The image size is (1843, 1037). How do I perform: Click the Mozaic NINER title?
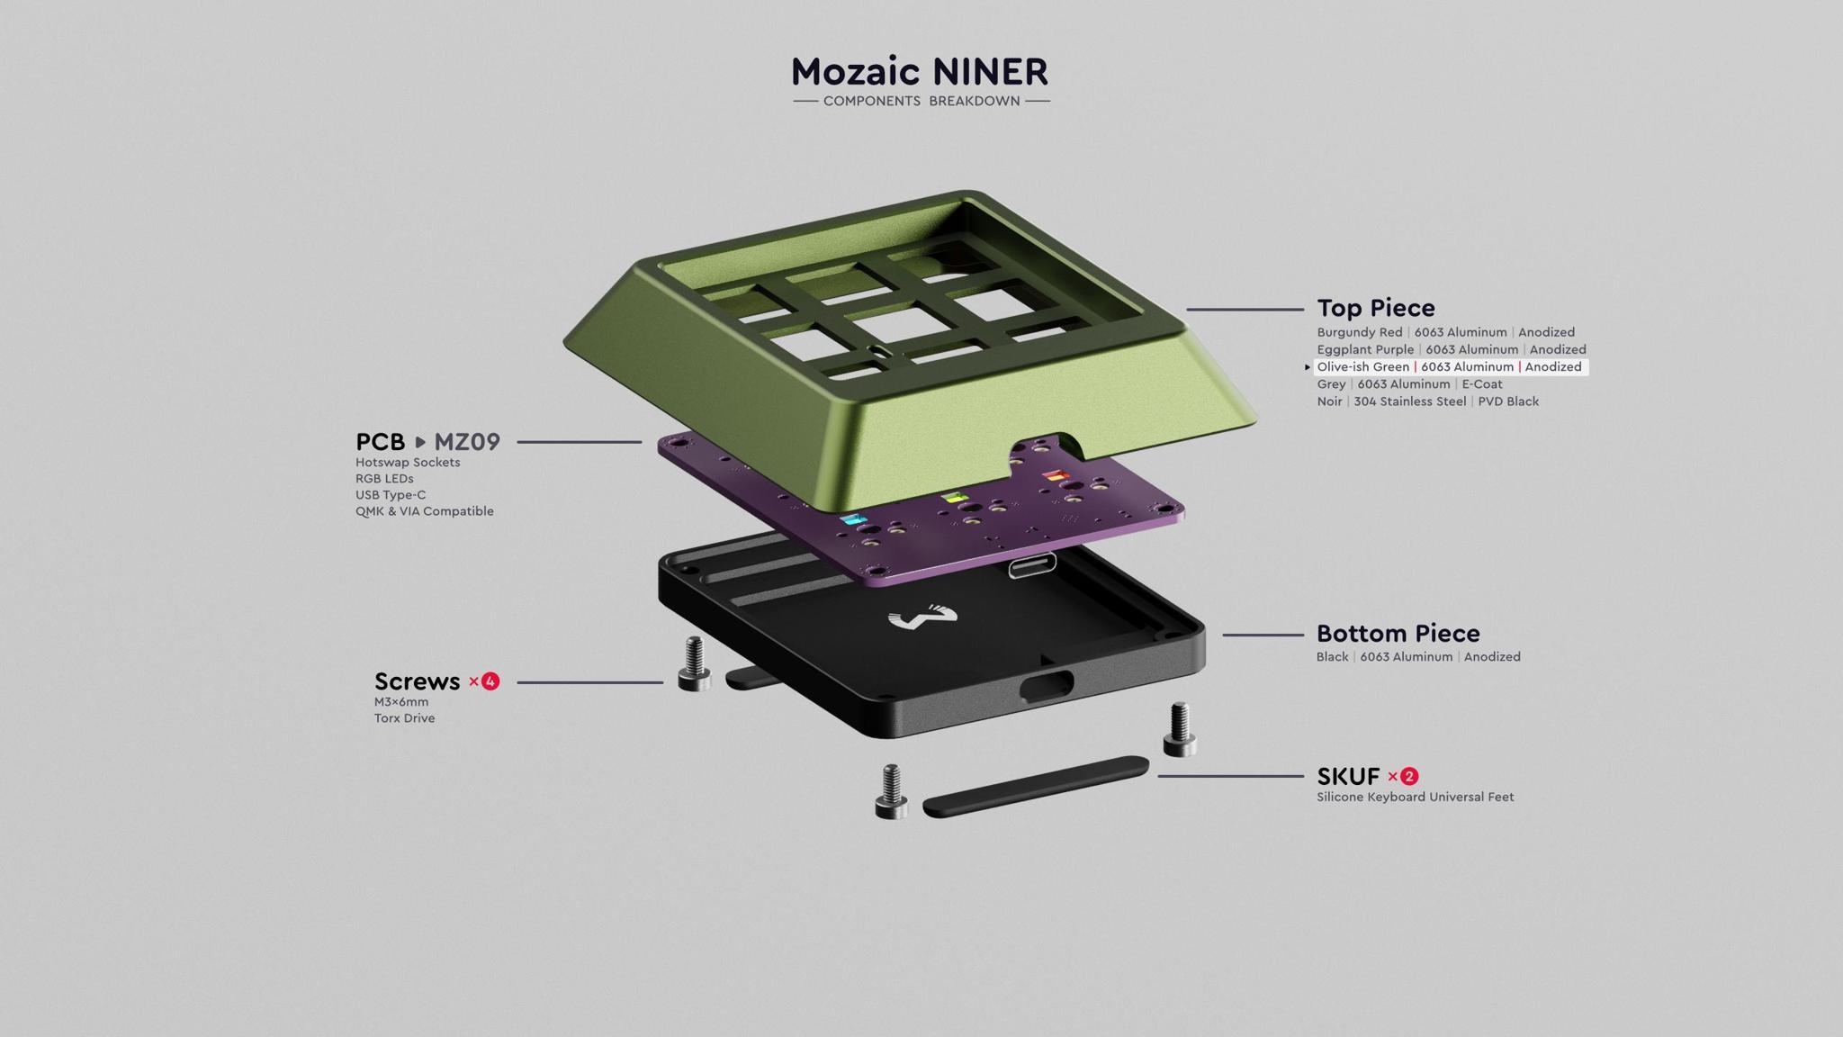point(920,72)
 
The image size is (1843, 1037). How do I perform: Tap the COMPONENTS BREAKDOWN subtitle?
point(921,101)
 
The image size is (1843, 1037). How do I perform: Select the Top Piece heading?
point(1375,308)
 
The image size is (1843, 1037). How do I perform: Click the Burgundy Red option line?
point(1445,332)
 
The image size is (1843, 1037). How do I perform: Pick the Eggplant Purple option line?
point(1451,349)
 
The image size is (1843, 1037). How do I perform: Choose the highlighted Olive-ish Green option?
point(1449,366)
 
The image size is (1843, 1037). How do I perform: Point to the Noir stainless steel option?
point(1427,401)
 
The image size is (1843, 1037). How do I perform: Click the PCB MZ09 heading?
point(427,442)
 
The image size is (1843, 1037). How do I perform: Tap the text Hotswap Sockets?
point(408,463)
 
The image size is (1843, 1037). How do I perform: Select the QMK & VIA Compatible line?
point(424,511)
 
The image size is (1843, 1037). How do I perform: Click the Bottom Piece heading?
point(1398,634)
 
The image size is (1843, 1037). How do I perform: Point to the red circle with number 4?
point(490,681)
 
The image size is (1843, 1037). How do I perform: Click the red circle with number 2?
point(1409,776)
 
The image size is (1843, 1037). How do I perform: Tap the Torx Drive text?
point(404,718)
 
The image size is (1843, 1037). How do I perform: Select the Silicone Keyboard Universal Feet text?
point(1415,797)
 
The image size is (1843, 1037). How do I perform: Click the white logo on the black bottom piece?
point(922,618)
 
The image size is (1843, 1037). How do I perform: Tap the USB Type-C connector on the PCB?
point(1031,566)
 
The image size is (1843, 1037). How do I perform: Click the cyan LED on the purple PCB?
point(852,520)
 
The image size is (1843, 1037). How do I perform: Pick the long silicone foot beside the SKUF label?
point(1035,786)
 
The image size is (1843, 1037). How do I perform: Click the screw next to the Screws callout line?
point(694,663)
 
